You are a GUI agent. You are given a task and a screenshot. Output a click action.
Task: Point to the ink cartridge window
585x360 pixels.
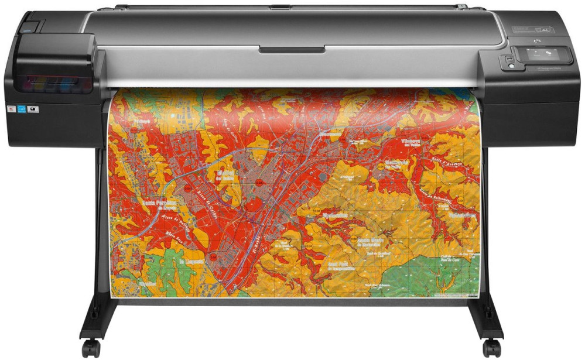coord(56,82)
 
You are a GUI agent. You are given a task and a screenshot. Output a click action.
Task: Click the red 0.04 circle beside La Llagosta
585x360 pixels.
coord(213,256)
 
